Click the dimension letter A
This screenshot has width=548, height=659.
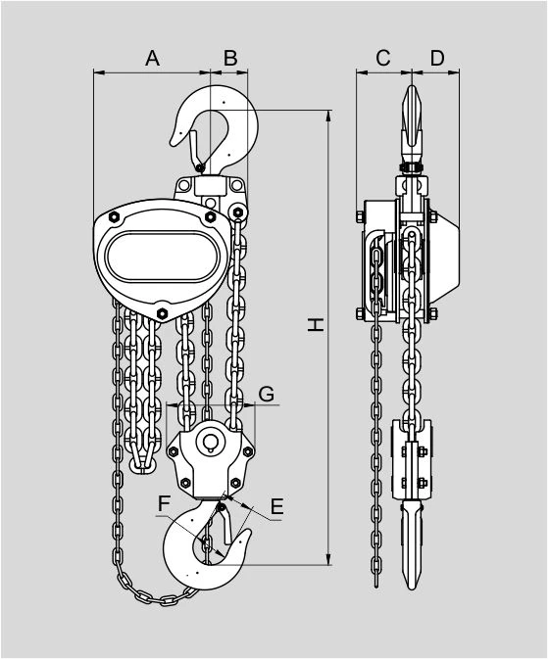(x=152, y=58)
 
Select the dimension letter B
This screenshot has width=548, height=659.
(x=230, y=58)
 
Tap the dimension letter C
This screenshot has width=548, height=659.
(x=383, y=58)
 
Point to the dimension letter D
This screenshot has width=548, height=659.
(x=437, y=58)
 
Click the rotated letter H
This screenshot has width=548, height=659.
(x=316, y=324)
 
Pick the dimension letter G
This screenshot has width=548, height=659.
(x=267, y=395)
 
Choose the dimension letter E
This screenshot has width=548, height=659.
(x=276, y=506)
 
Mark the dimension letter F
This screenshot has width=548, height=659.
(x=164, y=504)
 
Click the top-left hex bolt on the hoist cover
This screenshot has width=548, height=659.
(x=114, y=216)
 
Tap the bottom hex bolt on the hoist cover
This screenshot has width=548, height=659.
(x=162, y=313)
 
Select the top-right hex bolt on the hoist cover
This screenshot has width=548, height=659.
(x=210, y=216)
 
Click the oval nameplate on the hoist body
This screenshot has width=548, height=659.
(x=163, y=257)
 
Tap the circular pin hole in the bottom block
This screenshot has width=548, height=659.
(x=210, y=443)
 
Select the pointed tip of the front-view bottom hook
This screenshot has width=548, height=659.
(x=248, y=531)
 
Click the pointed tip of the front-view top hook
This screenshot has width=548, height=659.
(x=173, y=143)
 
